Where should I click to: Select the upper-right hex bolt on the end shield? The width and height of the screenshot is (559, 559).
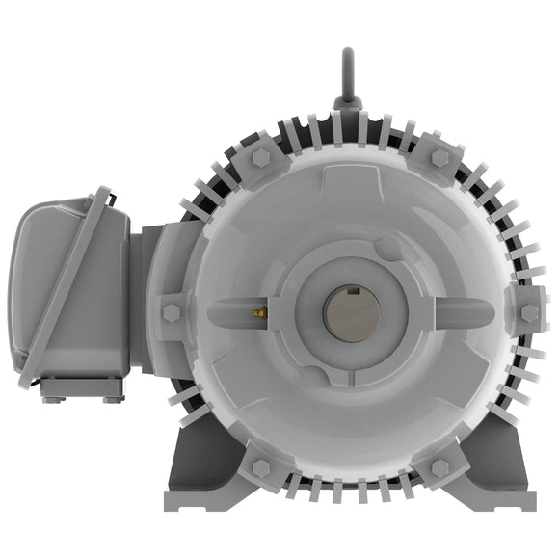tap(439, 158)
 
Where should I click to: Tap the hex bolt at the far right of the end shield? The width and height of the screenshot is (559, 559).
tap(527, 312)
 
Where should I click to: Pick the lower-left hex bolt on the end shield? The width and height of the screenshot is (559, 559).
tap(259, 467)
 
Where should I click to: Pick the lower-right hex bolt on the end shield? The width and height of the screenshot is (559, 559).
tap(439, 467)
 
